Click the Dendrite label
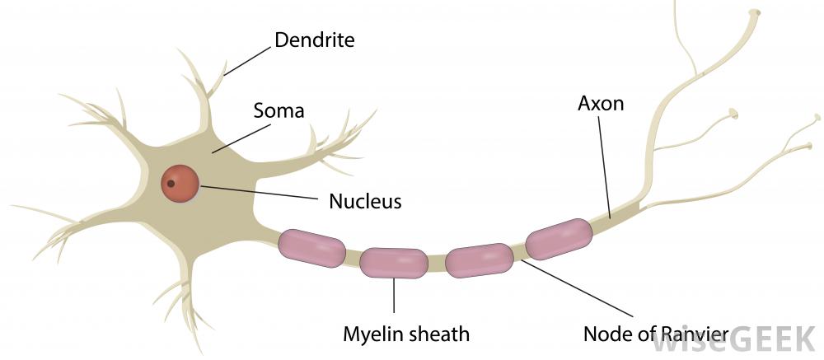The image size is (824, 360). coord(314,40)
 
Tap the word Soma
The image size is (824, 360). coord(279,111)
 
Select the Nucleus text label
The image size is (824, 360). coord(365,201)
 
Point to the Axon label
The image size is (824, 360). coord(601,104)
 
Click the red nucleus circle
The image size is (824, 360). coord(180,183)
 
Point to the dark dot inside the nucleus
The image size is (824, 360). coord(171,184)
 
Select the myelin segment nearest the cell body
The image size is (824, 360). coord(311,247)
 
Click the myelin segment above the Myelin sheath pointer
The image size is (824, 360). coord(394,263)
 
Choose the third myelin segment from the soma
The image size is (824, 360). coord(480,260)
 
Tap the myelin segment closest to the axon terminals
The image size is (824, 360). coord(559,239)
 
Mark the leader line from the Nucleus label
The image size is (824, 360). coord(260,192)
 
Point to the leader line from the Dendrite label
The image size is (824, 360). coord(247,61)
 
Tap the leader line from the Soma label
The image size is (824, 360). coord(241,138)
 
